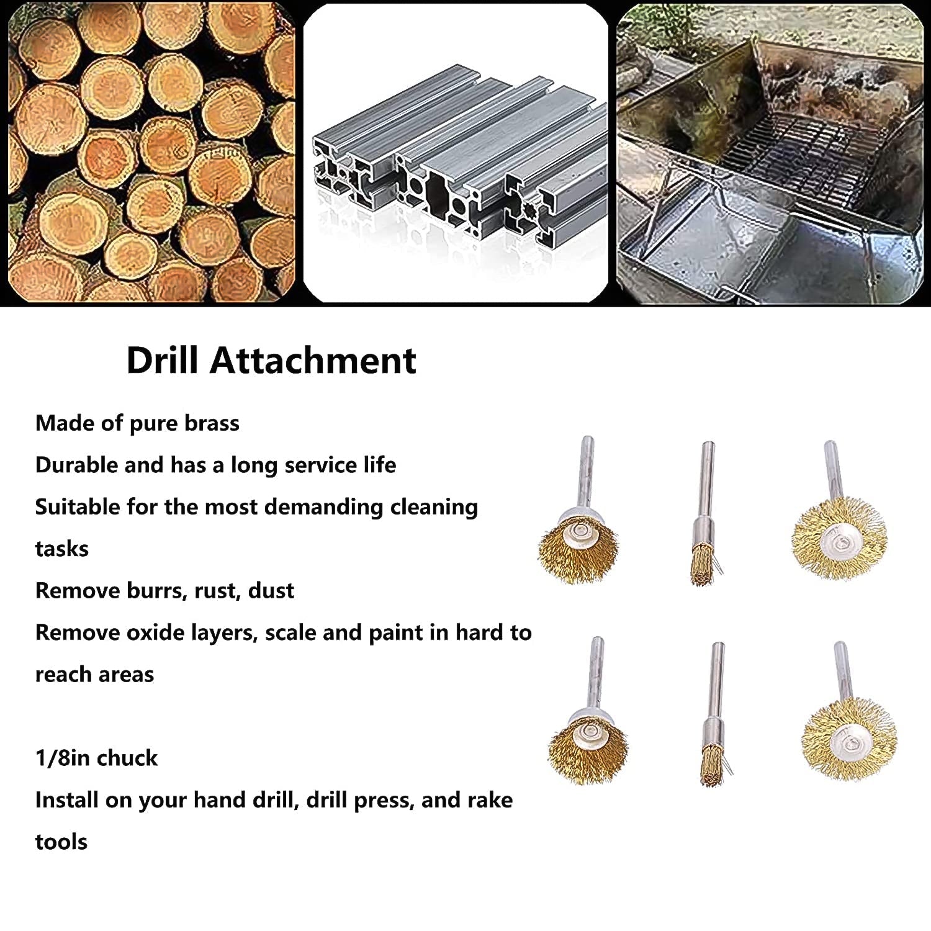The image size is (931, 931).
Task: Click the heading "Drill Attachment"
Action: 271,360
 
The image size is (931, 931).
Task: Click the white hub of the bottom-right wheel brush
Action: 848,739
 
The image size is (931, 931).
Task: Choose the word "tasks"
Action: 61,549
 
